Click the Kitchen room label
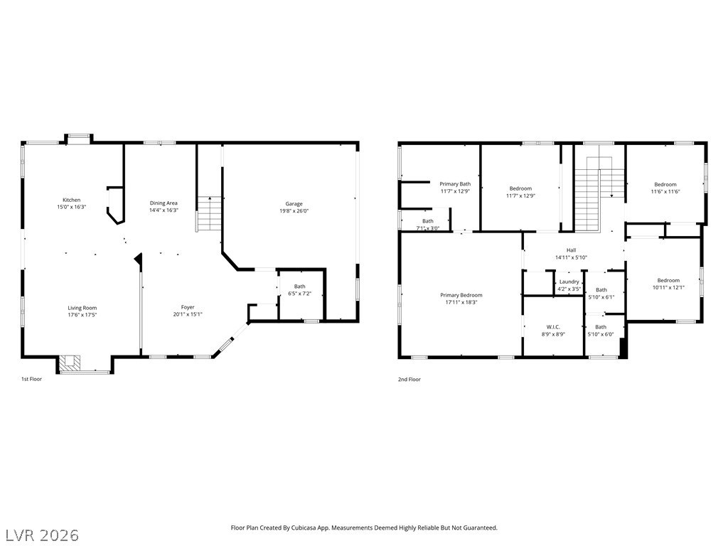click(72, 200)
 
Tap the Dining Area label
click(164, 203)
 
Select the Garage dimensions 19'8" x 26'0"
click(294, 210)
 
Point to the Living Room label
click(82, 308)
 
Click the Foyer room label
click(188, 307)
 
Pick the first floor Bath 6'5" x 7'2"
click(299, 290)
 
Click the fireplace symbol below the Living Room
click(70, 362)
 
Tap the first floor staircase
click(210, 213)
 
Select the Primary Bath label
click(455, 184)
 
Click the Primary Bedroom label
click(461, 295)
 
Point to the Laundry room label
click(569, 282)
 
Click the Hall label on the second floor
click(571, 250)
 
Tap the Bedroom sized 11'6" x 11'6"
click(665, 188)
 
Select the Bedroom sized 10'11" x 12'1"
click(668, 284)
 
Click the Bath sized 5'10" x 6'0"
click(601, 331)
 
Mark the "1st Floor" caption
click(31, 379)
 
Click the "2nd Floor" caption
click(409, 380)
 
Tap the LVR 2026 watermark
click(40, 535)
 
